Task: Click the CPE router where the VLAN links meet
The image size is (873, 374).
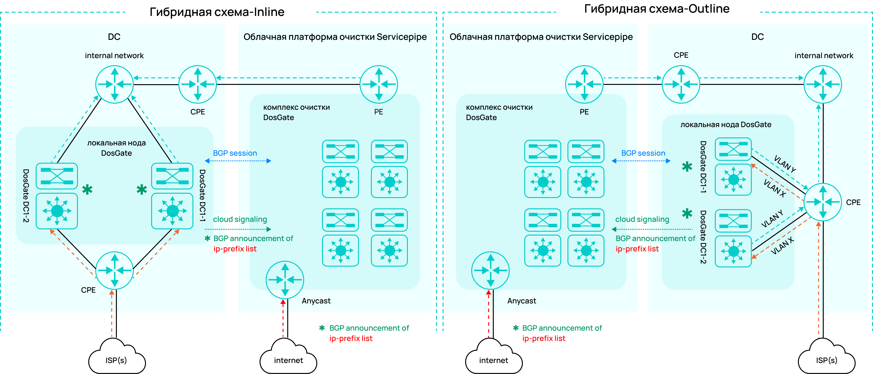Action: point(823,202)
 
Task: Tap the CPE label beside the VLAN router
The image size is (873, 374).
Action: point(853,202)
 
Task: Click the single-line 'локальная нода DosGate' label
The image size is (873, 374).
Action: point(726,125)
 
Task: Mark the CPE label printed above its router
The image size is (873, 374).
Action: point(681,55)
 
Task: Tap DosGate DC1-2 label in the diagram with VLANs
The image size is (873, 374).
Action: point(703,237)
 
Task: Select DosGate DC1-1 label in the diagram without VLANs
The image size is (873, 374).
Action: point(202,196)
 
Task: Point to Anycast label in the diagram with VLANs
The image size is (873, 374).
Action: point(521,301)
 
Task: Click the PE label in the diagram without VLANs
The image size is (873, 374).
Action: point(379,112)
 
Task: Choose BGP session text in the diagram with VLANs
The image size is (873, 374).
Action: point(643,153)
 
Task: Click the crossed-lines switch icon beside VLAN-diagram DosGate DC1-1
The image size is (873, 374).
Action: point(733,149)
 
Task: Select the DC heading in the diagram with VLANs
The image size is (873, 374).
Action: point(758,37)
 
